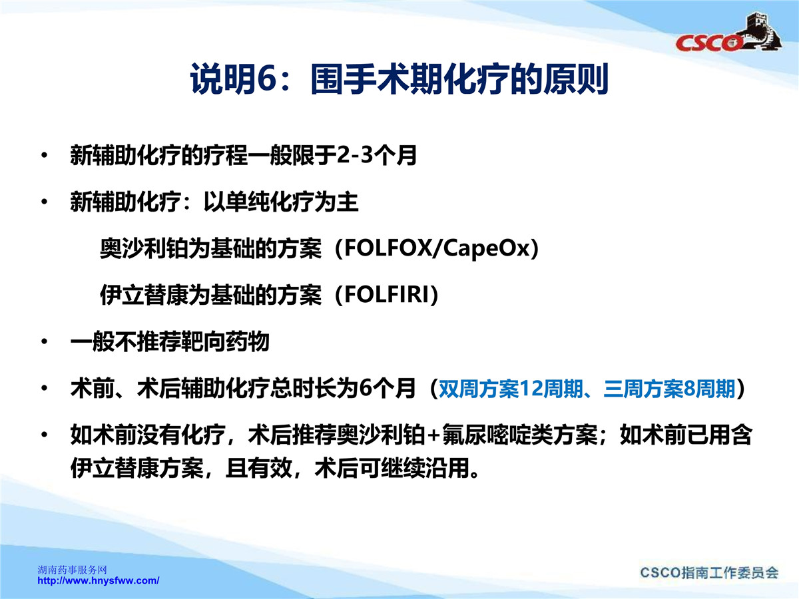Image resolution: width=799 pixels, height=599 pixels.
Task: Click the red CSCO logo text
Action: (x=708, y=43)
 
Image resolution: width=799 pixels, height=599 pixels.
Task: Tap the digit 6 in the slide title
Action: (x=266, y=79)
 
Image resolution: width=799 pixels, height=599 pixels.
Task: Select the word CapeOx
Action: (x=486, y=250)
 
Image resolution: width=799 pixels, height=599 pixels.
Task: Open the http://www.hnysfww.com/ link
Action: (x=99, y=580)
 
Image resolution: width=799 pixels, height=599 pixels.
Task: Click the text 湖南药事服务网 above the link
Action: (x=72, y=570)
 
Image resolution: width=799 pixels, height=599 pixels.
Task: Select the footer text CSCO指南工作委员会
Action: (x=709, y=572)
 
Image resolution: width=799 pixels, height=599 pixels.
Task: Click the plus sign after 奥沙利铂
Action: (x=434, y=435)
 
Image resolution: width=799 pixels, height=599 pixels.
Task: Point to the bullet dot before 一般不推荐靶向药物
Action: (x=45, y=341)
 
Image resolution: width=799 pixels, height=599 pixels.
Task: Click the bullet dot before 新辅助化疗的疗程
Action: (x=45, y=155)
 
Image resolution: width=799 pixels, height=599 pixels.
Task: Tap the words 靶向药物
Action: (x=225, y=342)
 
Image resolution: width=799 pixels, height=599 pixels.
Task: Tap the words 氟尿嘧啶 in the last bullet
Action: (x=486, y=435)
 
